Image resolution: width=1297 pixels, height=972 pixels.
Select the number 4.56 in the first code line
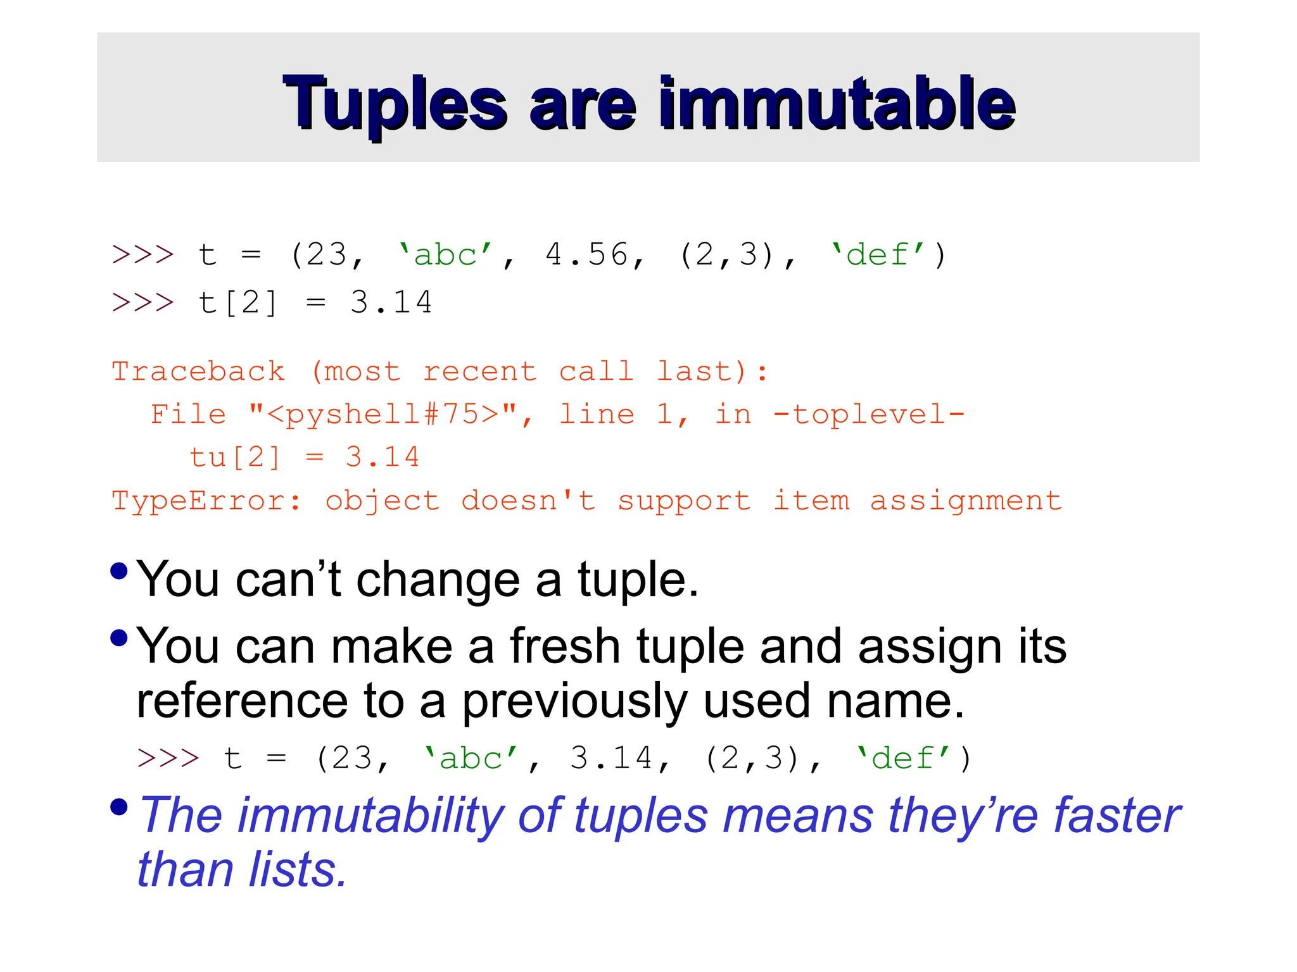click(586, 255)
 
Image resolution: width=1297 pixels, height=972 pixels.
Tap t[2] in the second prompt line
click(237, 302)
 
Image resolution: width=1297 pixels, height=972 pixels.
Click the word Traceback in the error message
click(198, 371)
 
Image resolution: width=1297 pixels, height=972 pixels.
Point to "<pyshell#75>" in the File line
click(383, 414)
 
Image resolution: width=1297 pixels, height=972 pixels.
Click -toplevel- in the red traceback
click(868, 414)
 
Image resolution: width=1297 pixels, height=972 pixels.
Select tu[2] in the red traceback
click(234, 457)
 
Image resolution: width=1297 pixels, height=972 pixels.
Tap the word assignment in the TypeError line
click(965, 501)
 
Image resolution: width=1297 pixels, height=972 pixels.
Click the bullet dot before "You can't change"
click(119, 571)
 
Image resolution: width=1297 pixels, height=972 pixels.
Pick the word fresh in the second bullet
click(565, 647)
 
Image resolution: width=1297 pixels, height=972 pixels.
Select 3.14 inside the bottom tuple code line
click(611, 758)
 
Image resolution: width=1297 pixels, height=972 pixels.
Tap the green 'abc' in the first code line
click(445, 255)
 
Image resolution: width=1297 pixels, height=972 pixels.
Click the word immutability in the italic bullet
click(370, 816)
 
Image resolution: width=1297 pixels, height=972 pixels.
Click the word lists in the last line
click(298, 870)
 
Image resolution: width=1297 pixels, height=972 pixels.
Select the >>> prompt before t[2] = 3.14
click(142, 302)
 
